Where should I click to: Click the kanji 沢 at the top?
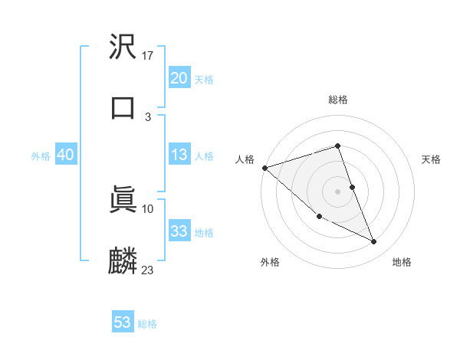tap(123, 47)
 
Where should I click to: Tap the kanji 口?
tap(123, 106)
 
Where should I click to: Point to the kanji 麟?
tap(123, 260)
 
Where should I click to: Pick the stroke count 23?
tap(148, 270)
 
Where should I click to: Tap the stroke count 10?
tap(148, 208)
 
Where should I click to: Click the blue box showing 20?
tap(179, 77)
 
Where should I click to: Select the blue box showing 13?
tap(179, 155)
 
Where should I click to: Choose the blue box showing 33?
tap(179, 231)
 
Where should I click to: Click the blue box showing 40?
tap(66, 155)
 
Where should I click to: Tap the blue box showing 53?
tap(123, 322)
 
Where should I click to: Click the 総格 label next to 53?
tap(147, 324)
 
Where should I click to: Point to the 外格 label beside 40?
tap(41, 156)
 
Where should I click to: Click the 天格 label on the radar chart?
tap(432, 159)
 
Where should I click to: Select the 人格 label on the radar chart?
tap(245, 159)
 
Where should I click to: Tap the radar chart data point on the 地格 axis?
tap(374, 242)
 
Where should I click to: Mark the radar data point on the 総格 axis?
tap(337, 146)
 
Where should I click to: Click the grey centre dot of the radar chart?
tap(337, 191)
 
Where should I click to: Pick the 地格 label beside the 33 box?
tap(204, 233)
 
